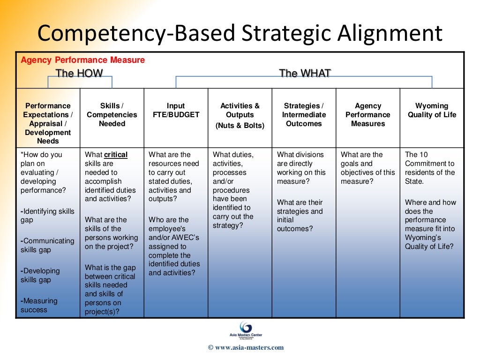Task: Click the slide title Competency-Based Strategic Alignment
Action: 240,34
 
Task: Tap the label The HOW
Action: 79,73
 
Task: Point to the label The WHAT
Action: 305,73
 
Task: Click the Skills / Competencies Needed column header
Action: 112,115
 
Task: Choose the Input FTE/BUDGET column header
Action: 176,110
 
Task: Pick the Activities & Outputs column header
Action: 240,110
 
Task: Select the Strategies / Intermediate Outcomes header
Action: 304,115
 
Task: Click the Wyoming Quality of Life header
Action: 432,110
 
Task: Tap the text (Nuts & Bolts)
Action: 240,126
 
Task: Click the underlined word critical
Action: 116,155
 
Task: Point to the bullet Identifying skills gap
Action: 47,216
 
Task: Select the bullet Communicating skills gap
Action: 47,245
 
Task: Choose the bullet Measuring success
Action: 39,305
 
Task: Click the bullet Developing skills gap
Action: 41,275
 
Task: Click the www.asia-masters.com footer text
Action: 246,347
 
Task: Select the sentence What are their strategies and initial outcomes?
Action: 300,216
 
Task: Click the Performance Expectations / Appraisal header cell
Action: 48,123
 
